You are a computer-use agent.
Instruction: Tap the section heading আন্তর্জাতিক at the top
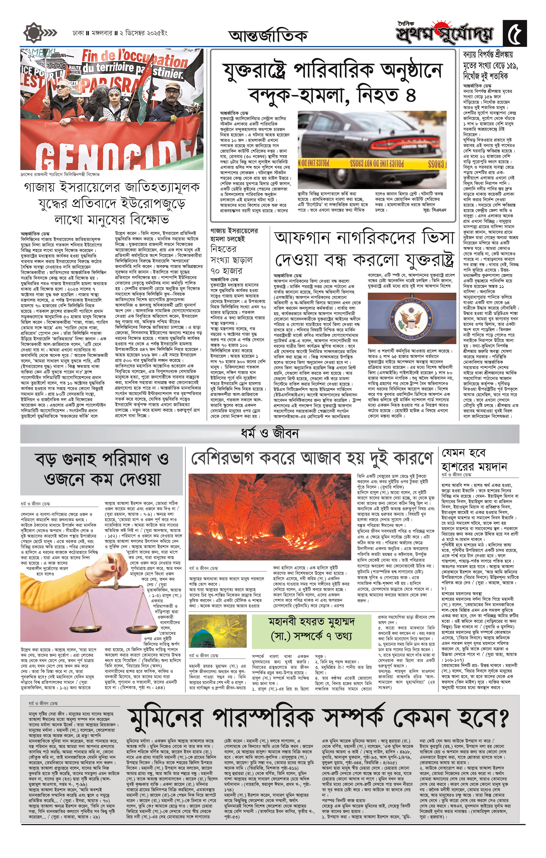(x=268, y=36)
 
